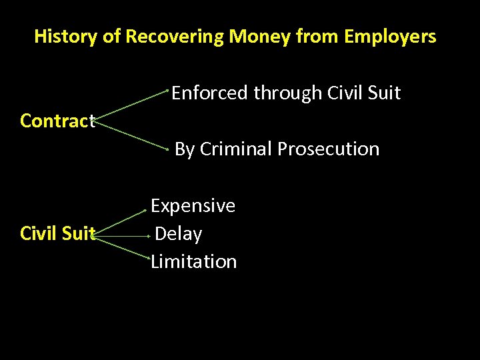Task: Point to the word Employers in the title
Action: [x=390, y=36]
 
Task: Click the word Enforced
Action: [x=209, y=93]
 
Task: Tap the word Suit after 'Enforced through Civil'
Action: [x=385, y=93]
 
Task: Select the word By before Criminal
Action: [x=184, y=149]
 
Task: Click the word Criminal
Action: [x=236, y=149]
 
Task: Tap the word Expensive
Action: [x=193, y=205]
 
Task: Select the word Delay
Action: [x=178, y=233]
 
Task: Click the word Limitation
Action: [x=193, y=261]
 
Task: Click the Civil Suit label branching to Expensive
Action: [x=58, y=233]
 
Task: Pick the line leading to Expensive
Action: [x=121, y=222]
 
